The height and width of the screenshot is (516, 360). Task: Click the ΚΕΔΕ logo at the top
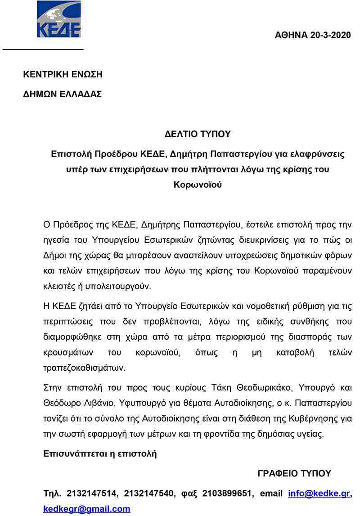tap(58, 19)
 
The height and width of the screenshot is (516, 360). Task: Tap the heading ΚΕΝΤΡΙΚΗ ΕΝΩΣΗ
tap(63, 74)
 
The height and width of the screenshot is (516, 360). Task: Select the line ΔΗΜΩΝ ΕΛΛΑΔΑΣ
tap(63, 94)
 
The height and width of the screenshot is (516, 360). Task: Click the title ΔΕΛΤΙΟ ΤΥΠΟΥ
tap(198, 134)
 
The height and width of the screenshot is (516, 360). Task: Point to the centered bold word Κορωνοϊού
tap(198, 184)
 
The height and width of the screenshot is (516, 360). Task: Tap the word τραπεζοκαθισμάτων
tap(84, 367)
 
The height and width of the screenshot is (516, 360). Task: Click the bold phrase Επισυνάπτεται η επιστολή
tap(100, 453)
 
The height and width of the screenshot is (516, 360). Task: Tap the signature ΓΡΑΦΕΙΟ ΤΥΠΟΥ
tap(294, 473)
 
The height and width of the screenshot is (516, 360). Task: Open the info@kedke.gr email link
tap(319, 494)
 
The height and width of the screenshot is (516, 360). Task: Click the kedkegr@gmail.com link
tap(87, 509)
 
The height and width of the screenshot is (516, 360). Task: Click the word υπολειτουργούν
tap(121, 286)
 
